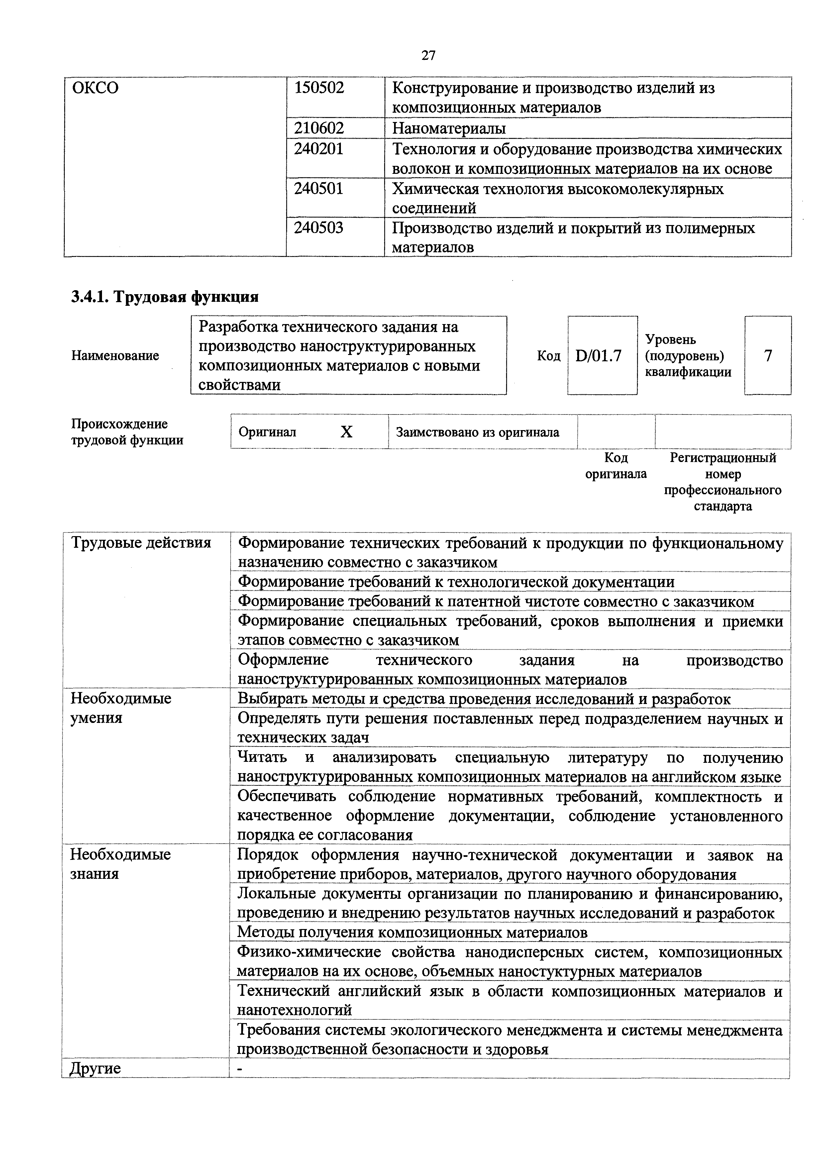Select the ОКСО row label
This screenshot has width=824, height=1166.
tap(95, 88)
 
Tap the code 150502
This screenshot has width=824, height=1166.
tap(319, 88)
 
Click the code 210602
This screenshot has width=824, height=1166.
tap(319, 128)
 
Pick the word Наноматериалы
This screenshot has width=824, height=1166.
tap(449, 128)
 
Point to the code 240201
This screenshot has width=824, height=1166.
tap(319, 149)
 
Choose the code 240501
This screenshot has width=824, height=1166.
tap(319, 188)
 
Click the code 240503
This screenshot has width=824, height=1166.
tap(319, 228)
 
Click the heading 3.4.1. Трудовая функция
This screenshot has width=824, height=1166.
tap(164, 296)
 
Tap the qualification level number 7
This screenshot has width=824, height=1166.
tap(768, 356)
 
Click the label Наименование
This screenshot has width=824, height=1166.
tap(115, 356)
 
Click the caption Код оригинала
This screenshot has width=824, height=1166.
tap(616, 466)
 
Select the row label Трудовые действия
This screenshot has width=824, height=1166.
tap(141, 543)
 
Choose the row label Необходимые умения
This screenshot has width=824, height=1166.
tap(121, 708)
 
